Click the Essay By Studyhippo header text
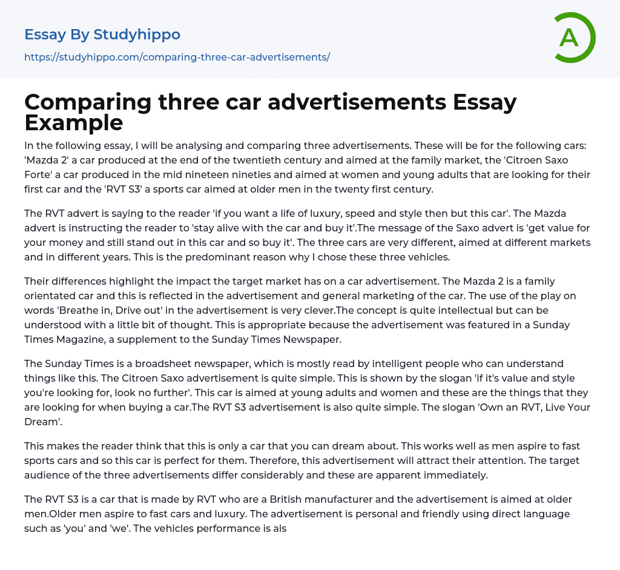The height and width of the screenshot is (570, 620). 102,35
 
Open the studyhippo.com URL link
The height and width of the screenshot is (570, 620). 177,57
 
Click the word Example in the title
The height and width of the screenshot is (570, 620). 74,122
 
